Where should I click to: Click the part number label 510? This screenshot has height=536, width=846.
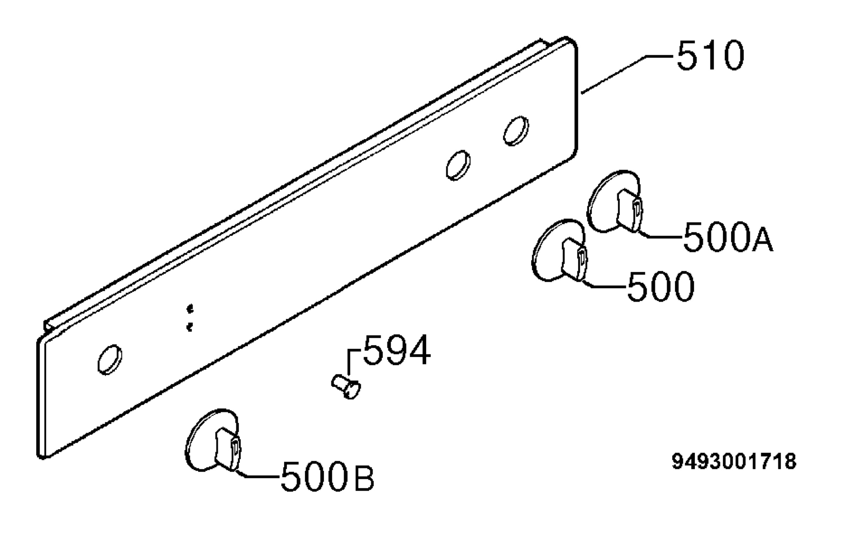(x=710, y=55)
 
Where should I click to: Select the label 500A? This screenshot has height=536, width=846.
(x=728, y=237)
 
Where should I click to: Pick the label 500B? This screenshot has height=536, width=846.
(x=327, y=476)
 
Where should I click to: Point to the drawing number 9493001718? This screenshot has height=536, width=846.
(x=734, y=462)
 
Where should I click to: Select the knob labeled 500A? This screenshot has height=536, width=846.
(x=614, y=202)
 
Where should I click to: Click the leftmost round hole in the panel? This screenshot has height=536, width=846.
(x=110, y=359)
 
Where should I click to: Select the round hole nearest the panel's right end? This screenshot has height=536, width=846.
(x=516, y=131)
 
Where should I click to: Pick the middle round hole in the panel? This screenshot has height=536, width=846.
(x=458, y=166)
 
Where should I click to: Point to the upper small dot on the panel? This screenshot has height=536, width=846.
(x=190, y=309)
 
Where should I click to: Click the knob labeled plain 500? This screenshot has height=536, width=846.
(x=559, y=251)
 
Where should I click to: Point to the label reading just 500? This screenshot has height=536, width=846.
(x=661, y=286)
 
